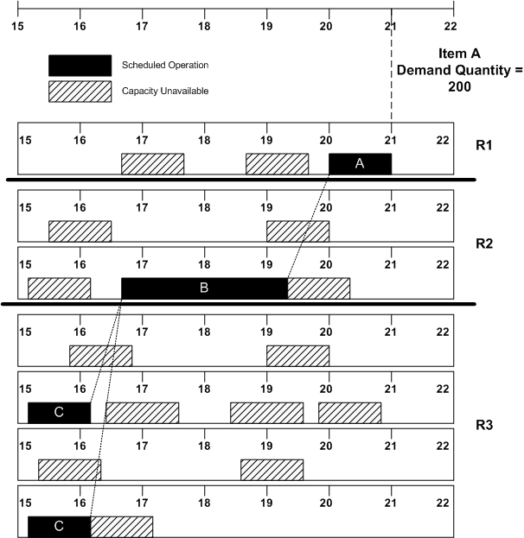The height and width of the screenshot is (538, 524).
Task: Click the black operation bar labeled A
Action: point(360,164)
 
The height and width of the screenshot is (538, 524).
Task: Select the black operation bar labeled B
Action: point(204,288)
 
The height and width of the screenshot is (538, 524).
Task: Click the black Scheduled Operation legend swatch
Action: point(80,66)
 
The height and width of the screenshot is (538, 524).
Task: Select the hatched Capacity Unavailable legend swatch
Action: point(80,90)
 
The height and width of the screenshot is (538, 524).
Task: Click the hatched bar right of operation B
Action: point(318,288)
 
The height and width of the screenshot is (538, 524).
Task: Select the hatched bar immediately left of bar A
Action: point(277,164)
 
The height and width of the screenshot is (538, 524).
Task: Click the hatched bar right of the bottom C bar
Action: point(121,526)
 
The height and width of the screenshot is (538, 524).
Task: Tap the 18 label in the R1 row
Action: point(204,141)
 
